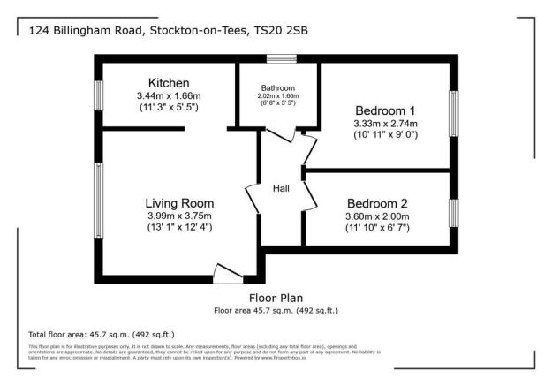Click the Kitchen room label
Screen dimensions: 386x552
[x=169, y=83]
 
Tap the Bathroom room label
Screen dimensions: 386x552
[x=277, y=87]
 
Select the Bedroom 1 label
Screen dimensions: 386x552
[x=385, y=110]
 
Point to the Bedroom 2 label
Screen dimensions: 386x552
[x=377, y=201]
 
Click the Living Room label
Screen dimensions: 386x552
[x=179, y=202]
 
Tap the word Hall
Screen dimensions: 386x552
[x=281, y=189]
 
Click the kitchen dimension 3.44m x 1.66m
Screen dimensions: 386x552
[x=168, y=95]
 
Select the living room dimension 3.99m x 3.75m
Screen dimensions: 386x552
[x=179, y=216]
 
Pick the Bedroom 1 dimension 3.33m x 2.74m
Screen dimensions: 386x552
[x=385, y=124]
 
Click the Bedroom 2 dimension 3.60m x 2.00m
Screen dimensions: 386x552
[x=377, y=215]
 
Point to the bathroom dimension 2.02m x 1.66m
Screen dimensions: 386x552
[x=277, y=95]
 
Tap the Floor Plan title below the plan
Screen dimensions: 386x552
[x=276, y=299]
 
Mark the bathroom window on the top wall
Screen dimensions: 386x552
[x=282, y=60]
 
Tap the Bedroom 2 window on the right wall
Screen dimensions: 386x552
[x=455, y=212]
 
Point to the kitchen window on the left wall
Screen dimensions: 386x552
[x=99, y=94]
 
